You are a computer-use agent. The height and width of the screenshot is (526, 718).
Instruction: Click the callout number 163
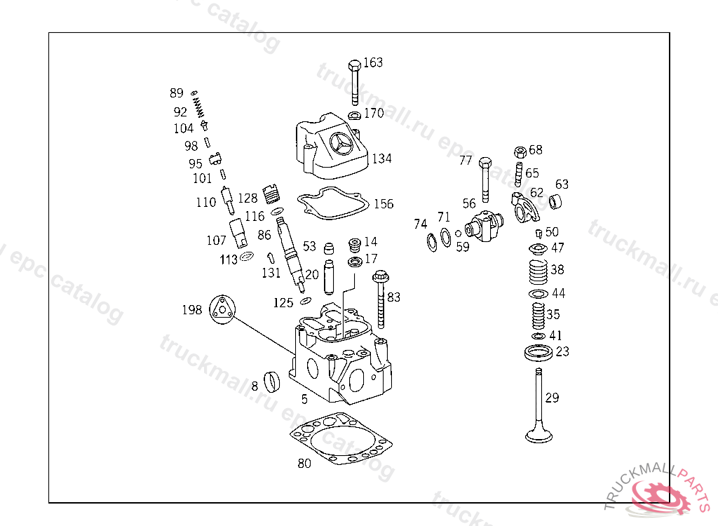point(373,62)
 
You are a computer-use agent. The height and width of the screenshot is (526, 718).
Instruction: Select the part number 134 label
point(381,159)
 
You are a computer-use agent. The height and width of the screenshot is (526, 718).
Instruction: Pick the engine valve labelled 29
point(538,407)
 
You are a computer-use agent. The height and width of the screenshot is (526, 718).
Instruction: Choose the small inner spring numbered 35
point(537,316)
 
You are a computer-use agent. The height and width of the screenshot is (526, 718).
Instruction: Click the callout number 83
point(393,297)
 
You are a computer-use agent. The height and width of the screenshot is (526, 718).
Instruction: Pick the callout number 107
point(216,241)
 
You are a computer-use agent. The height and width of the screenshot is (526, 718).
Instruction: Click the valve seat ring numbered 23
point(538,351)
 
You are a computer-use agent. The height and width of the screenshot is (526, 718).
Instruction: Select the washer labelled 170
point(355,114)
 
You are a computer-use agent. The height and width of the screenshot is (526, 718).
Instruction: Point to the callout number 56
point(469,203)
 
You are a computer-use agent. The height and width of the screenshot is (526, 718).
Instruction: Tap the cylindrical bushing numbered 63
point(557,203)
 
